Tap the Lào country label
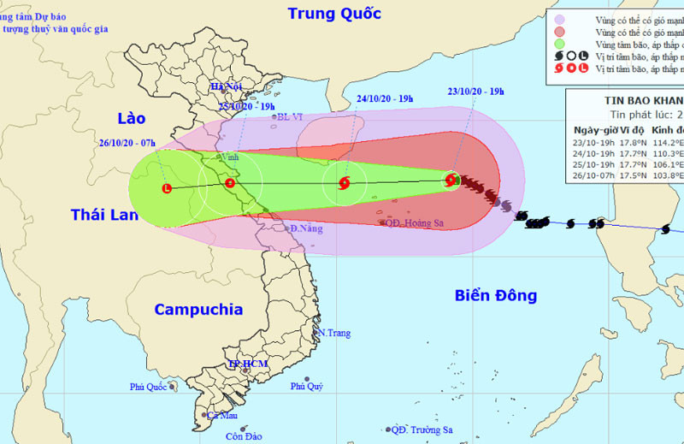131,118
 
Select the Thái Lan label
103,215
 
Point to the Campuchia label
198,310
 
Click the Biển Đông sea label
496,296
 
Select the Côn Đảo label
243,436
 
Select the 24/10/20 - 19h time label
385,99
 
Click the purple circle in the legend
558,19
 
